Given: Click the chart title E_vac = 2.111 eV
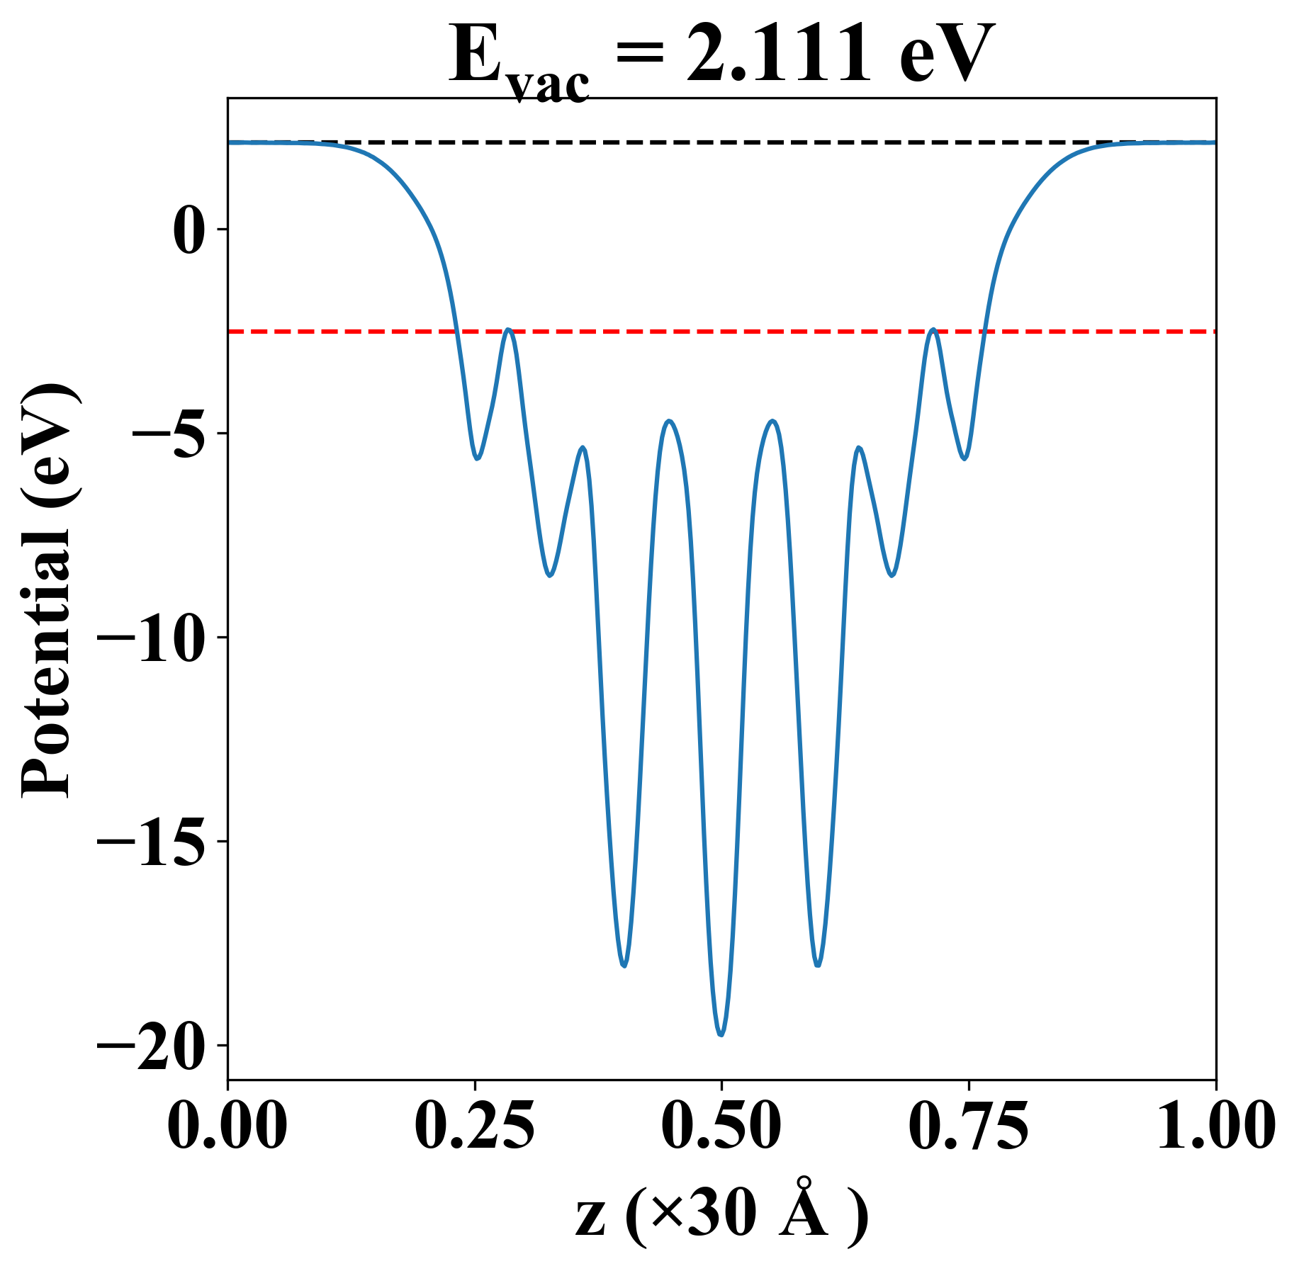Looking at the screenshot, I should [721, 57].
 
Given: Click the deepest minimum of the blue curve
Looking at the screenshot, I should [721, 1035].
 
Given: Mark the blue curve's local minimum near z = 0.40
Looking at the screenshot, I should [624, 966].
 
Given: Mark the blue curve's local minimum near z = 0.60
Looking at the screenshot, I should [819, 966].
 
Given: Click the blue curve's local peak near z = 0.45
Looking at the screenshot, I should [669, 421].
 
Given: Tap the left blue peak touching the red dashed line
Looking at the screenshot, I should [508, 329].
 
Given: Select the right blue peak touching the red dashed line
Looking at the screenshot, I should [933, 329].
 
